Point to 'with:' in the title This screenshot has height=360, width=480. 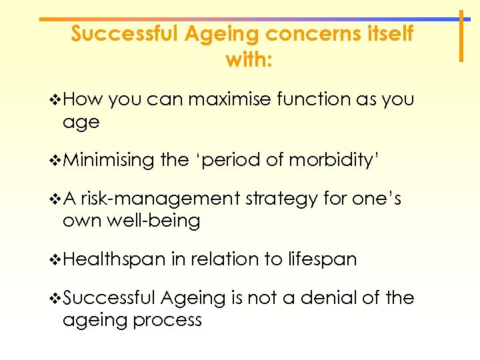[x=249, y=59]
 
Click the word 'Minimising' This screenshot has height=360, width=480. [x=109, y=161]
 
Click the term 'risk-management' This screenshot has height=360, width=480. [x=161, y=199]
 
